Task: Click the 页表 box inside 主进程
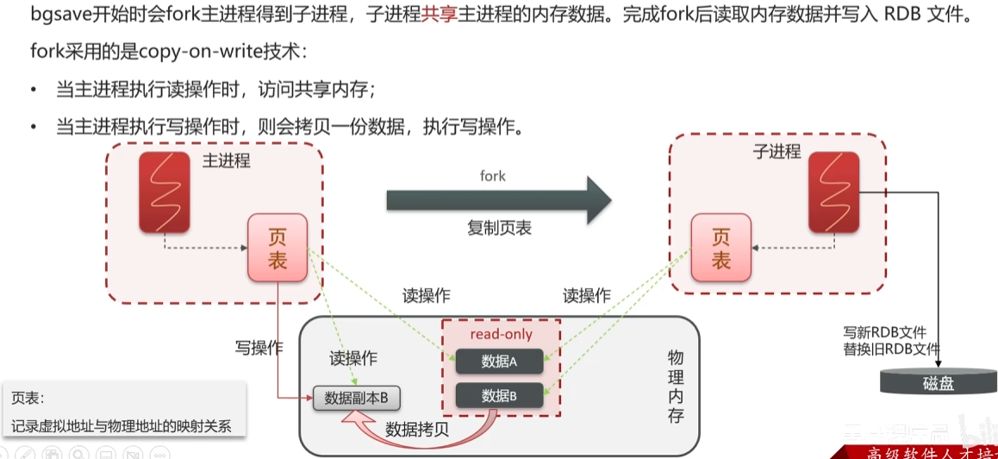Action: tap(278, 248)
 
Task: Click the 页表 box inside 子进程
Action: tap(721, 248)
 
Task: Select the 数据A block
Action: tap(499, 362)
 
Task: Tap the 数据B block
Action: tap(499, 396)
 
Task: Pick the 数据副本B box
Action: tap(356, 399)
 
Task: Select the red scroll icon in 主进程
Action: tap(165, 192)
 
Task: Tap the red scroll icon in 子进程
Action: tap(833, 192)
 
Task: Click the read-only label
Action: tap(501, 334)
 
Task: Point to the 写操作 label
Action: tap(259, 349)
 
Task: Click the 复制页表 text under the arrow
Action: tap(500, 229)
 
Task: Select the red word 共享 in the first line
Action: tap(438, 16)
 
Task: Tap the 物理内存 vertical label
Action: tap(676, 386)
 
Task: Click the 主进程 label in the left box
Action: tap(227, 160)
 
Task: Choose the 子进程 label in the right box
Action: tap(777, 152)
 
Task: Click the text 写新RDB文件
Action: tap(884, 332)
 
